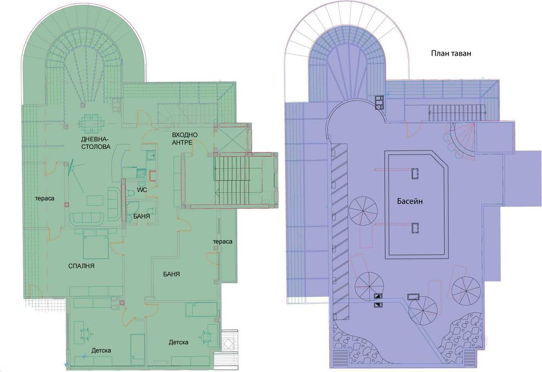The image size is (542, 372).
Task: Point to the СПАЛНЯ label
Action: [82, 266]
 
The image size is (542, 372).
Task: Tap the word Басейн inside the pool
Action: [408, 201]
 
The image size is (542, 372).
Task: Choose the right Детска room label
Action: [178, 342]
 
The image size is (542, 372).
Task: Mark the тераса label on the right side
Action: [222, 241]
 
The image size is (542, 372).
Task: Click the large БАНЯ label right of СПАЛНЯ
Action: [171, 274]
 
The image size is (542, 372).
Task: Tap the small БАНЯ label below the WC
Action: [141, 216]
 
